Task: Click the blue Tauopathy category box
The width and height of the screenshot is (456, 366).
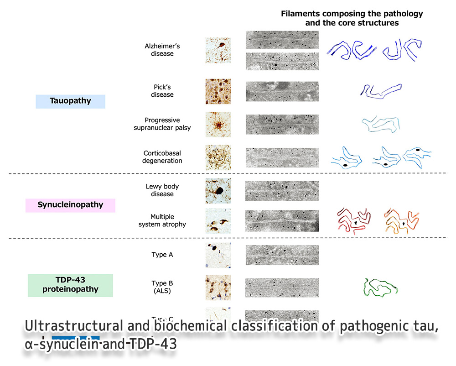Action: [x=70, y=101]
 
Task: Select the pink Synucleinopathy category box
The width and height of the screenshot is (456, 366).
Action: [x=70, y=205]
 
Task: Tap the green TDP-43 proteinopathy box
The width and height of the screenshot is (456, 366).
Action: [x=70, y=285]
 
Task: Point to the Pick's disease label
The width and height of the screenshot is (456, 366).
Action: [x=162, y=91]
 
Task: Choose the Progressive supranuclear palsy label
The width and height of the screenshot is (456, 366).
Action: [x=162, y=124]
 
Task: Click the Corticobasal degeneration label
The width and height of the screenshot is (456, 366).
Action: [x=162, y=157]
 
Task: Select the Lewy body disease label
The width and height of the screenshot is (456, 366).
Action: [x=162, y=190]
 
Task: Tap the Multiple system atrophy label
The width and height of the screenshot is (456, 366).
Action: [x=162, y=220]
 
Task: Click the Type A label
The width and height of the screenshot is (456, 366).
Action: [x=162, y=255]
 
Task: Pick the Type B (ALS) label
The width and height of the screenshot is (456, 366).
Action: [x=162, y=287]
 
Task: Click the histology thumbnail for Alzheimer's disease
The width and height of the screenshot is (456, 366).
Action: [x=218, y=50]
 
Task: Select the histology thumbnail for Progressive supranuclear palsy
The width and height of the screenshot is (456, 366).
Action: [x=218, y=124]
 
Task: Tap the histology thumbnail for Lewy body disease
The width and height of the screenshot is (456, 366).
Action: [x=218, y=190]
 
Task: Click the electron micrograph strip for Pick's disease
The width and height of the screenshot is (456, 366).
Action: [x=282, y=91]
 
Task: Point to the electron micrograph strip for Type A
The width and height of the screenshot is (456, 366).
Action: [x=282, y=254]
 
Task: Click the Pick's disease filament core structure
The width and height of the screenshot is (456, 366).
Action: [x=380, y=90]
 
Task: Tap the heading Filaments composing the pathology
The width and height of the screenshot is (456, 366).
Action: [x=352, y=14]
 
